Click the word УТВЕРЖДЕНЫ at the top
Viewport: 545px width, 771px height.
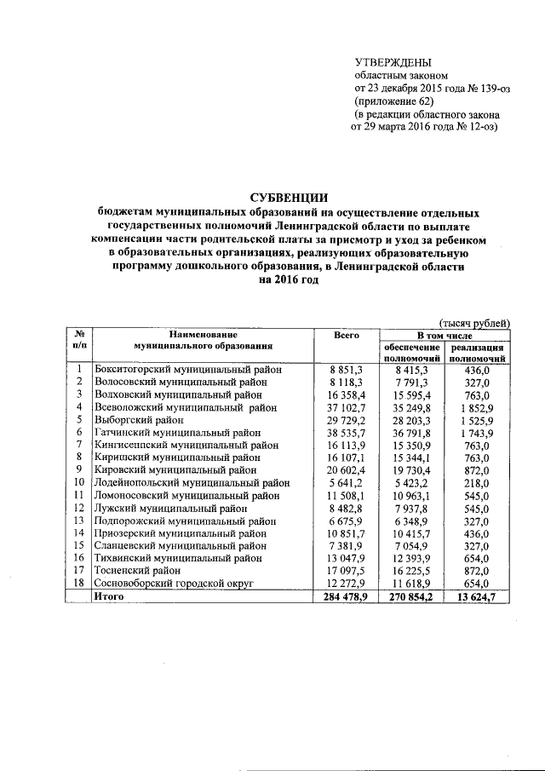pyautogui.click(x=393, y=62)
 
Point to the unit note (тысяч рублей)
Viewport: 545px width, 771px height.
pyautogui.click(x=474, y=323)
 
